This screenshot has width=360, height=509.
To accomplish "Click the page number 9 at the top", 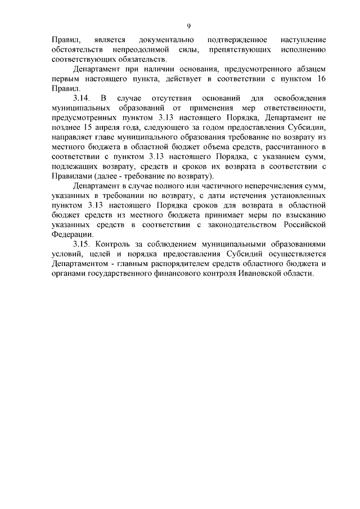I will pyautogui.click(x=189, y=25).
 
